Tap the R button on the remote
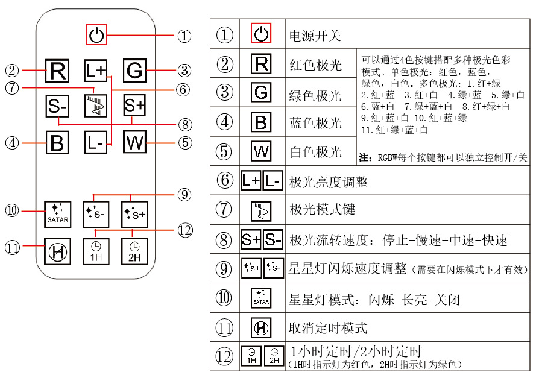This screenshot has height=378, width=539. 58,71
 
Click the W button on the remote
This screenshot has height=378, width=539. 134,143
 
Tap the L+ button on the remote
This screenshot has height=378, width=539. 95,71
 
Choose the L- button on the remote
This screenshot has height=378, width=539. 95,143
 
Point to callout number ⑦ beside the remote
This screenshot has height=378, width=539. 13,87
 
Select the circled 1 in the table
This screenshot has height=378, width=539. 225,34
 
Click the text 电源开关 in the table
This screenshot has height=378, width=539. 315,35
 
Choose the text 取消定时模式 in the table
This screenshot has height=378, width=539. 328,329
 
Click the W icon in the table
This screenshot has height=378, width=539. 262,151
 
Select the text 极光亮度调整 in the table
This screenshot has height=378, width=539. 329,181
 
